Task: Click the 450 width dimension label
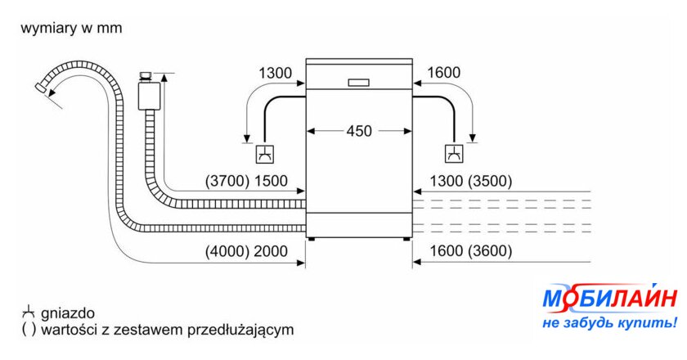(x=359, y=131)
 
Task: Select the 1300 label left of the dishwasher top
(x=275, y=73)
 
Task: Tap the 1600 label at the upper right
(x=443, y=72)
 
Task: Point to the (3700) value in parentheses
(x=227, y=181)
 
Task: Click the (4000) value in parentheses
(x=227, y=251)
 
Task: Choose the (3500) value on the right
(x=490, y=181)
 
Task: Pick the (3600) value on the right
(x=490, y=251)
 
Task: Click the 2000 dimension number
(x=271, y=251)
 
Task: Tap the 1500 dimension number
(x=271, y=181)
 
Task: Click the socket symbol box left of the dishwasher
(x=265, y=154)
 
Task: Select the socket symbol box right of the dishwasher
(x=455, y=154)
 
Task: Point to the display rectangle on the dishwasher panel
(x=358, y=83)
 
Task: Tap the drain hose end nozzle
(x=41, y=88)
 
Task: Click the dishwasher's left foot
(x=312, y=240)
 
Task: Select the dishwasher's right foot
(x=406, y=240)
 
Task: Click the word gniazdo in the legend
(x=67, y=313)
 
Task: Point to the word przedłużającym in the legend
(x=240, y=329)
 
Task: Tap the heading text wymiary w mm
(x=71, y=28)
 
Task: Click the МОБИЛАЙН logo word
(x=609, y=299)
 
